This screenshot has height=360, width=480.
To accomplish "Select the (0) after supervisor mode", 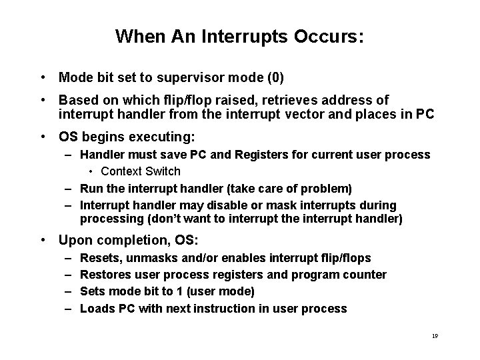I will click(x=275, y=78).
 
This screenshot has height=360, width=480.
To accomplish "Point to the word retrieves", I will click(x=295, y=100).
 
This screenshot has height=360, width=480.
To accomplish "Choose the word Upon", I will click(x=73, y=239).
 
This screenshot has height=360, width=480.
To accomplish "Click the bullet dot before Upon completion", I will click(x=43, y=240).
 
